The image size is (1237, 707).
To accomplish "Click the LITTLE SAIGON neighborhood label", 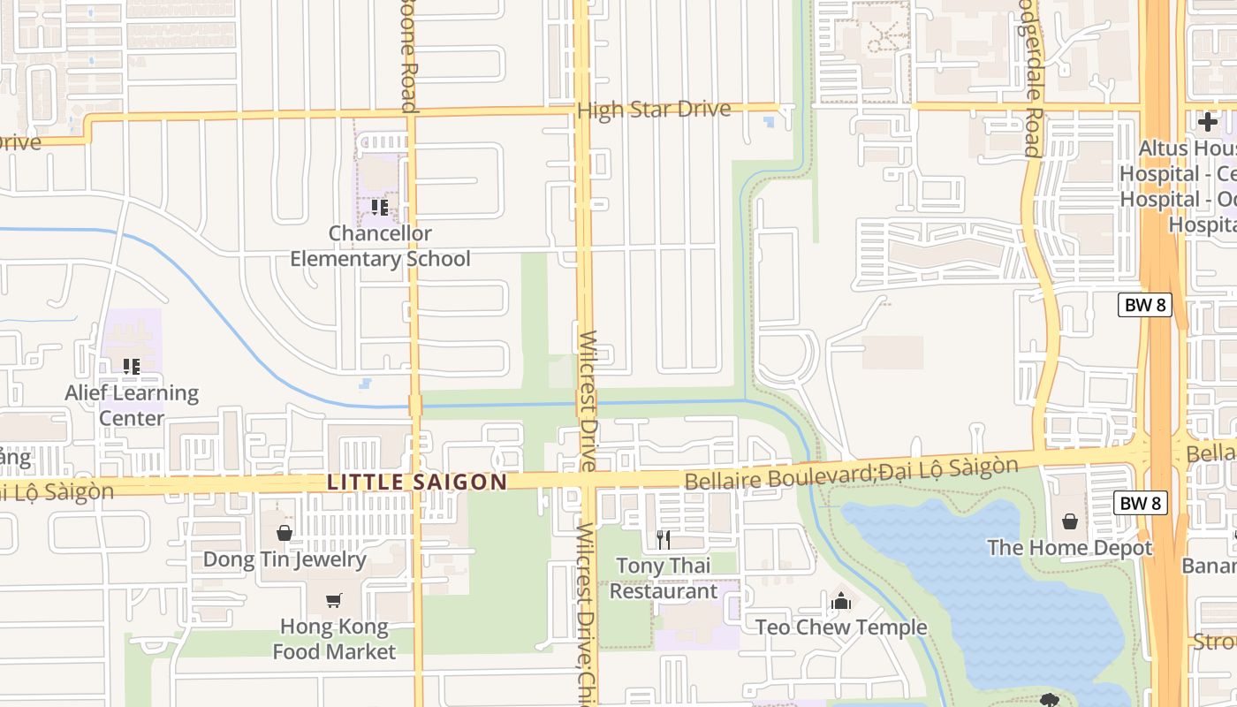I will click(x=417, y=483).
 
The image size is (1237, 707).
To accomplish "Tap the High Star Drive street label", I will click(x=653, y=110).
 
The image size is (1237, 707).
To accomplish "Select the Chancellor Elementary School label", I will click(x=380, y=247).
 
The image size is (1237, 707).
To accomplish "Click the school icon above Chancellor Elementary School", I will click(x=380, y=208).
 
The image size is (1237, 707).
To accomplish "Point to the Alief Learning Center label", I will click(x=132, y=405).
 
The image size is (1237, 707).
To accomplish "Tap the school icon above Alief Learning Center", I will click(x=132, y=366).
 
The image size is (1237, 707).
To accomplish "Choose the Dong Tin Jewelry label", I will click(x=285, y=559).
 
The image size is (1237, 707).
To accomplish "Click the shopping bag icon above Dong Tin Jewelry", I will click(x=285, y=533).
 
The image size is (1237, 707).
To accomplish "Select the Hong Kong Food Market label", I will click(x=334, y=639).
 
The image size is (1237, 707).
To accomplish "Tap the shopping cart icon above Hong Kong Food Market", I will click(x=334, y=601).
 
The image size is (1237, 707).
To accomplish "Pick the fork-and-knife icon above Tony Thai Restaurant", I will click(x=664, y=539).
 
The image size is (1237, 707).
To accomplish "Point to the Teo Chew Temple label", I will click(x=841, y=627).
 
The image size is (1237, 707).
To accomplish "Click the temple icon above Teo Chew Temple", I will click(x=841, y=601).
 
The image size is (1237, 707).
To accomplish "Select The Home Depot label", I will click(x=1069, y=548).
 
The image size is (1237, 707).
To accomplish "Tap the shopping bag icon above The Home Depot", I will click(x=1069, y=521).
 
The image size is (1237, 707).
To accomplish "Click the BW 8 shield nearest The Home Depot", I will click(x=1140, y=503).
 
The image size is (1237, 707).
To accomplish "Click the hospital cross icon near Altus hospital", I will click(x=1208, y=122).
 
